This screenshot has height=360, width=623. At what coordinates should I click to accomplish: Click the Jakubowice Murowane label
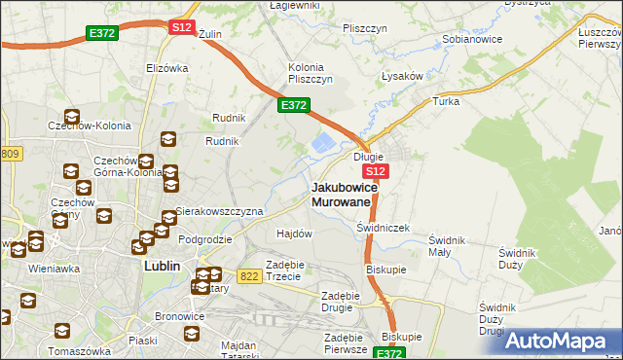[x=341, y=194]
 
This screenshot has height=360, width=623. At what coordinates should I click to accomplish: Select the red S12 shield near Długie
[x=379, y=171]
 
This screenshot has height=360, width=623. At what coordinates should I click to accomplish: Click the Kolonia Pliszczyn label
[x=311, y=72]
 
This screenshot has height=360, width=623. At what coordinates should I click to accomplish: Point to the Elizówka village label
[x=166, y=68]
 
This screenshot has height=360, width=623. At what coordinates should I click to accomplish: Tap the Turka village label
[x=446, y=101]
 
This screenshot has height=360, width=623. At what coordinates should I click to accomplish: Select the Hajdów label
[x=294, y=234]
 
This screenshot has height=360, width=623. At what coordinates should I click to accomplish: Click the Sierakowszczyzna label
[x=219, y=211]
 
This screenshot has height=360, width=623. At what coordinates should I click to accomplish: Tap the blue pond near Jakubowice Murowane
[x=323, y=145]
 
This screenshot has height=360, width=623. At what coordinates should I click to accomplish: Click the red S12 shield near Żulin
[x=181, y=27]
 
